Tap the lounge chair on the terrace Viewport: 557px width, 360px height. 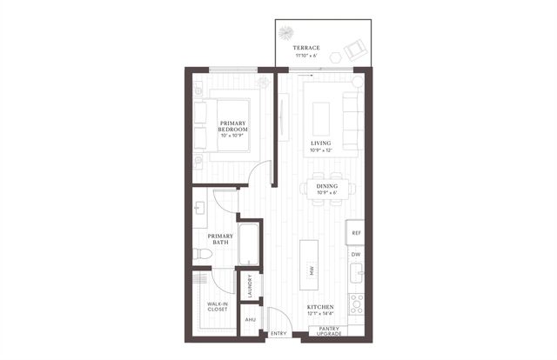coord(355,50)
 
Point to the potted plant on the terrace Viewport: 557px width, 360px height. coord(288,34)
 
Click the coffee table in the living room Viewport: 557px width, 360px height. coord(321,117)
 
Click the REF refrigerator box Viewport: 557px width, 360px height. coord(355,233)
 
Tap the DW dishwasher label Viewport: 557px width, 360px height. coord(355,254)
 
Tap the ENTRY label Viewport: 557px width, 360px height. coord(278,333)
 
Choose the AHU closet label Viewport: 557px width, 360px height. coord(251,320)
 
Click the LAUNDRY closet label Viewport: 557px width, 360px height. coord(251,286)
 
